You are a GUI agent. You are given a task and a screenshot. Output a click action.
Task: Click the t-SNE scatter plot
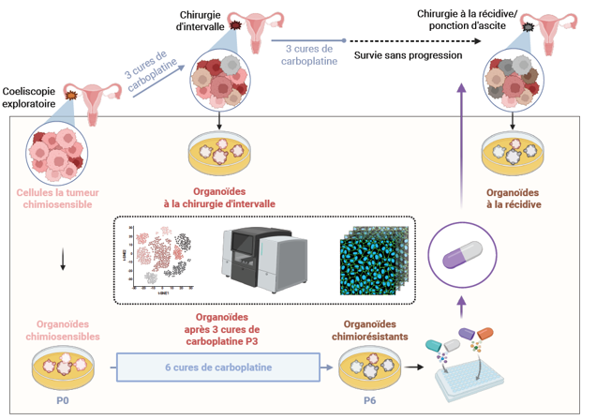pos(163,256)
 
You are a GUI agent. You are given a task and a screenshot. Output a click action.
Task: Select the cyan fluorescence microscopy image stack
pos(372,258)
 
